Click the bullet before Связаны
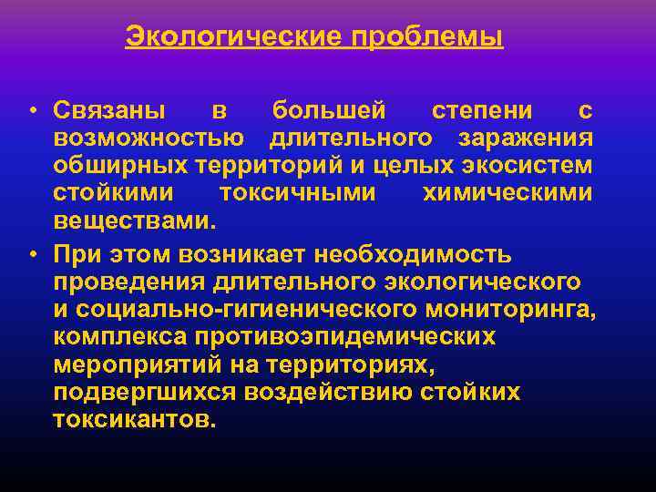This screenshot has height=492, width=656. pos(31,112)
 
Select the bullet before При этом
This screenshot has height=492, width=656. pos(31,252)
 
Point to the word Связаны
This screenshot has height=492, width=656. pos(108,111)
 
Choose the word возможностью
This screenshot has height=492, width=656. pos(148,139)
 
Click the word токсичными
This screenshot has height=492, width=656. pos(297,195)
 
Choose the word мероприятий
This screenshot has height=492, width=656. pos(135,364)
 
